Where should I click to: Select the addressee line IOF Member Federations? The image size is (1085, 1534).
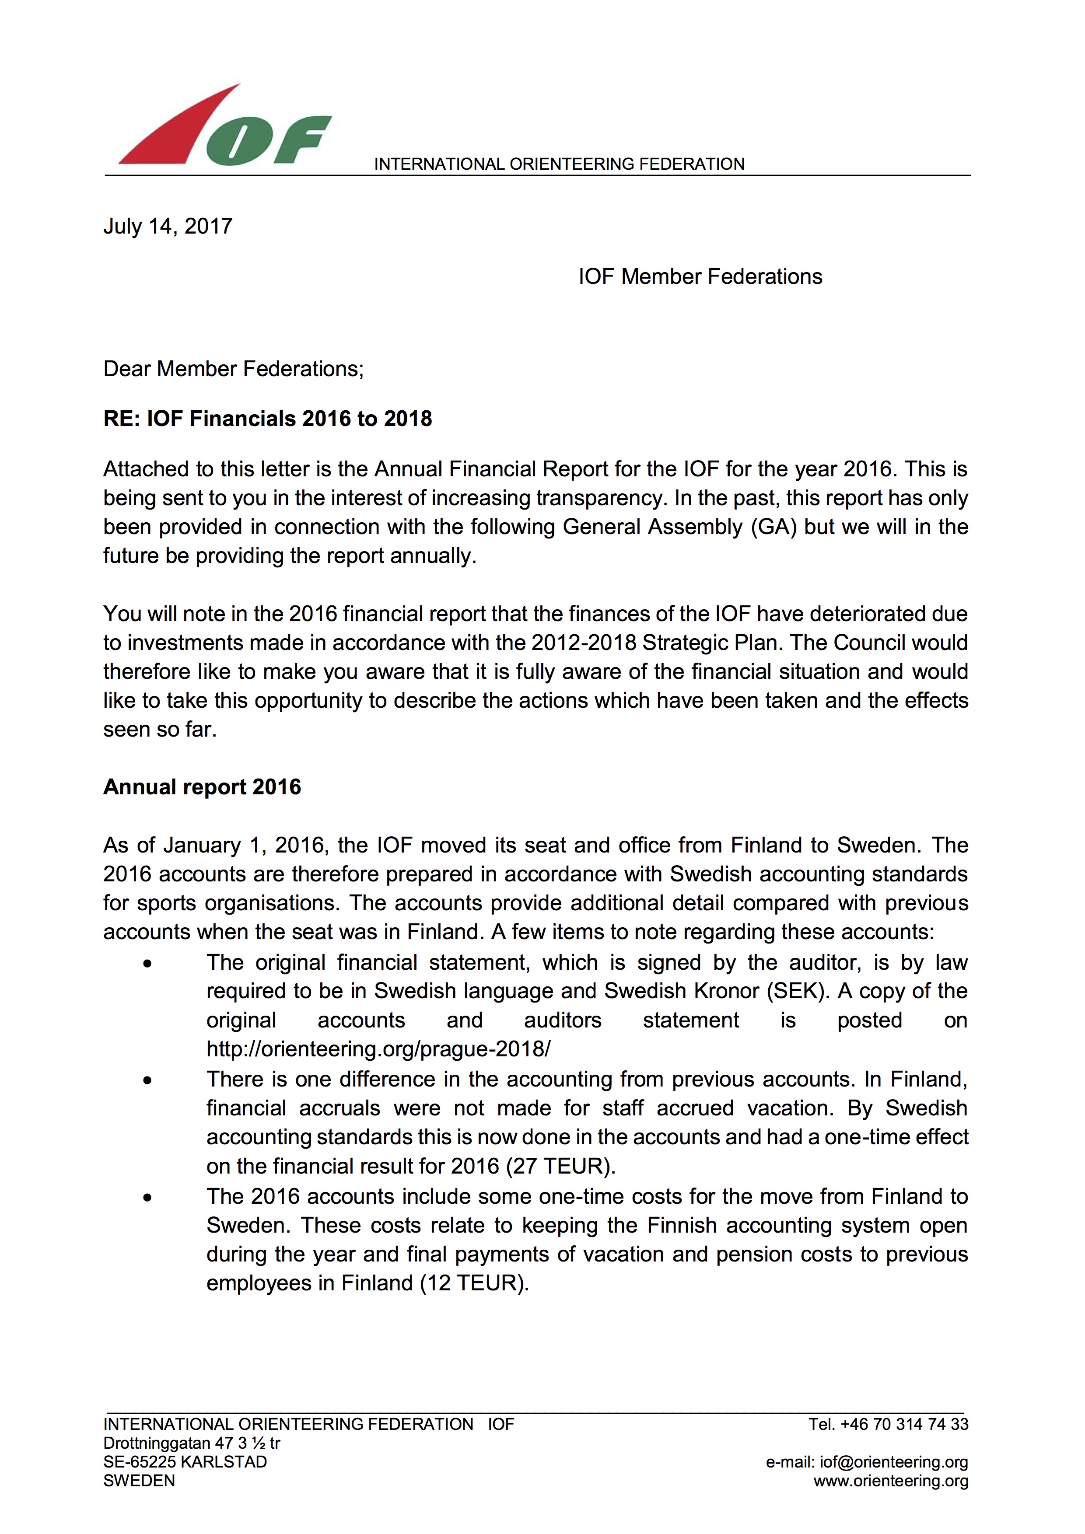point(700,276)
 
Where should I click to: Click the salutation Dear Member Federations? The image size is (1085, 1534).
point(233,369)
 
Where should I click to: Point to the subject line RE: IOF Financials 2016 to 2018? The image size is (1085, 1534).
point(267,418)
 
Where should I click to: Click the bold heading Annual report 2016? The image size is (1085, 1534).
point(202,786)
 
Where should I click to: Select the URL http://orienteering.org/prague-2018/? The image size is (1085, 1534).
point(378,1048)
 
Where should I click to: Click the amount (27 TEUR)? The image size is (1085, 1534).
point(560,1165)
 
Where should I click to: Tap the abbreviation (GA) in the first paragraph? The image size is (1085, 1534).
point(773,527)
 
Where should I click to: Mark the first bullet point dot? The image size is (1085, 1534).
point(147,964)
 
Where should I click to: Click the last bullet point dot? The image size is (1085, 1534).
point(147,1197)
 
